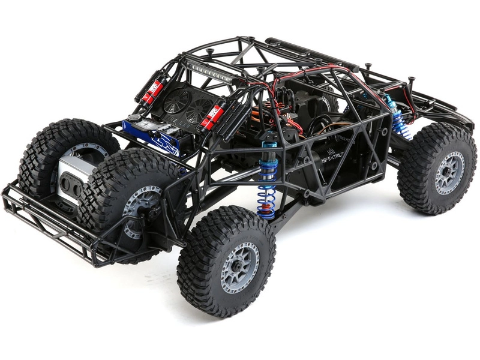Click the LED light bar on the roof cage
(x=209, y=70)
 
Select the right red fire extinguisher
(x=213, y=114)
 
